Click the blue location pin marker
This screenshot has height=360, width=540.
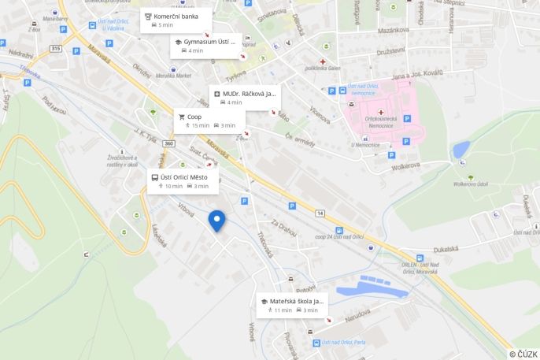216,221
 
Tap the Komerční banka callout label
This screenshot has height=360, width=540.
176,20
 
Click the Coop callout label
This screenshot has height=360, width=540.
209,121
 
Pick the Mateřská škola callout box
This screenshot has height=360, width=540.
292,305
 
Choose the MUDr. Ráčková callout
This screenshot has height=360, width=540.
243,98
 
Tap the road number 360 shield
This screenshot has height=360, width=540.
169,143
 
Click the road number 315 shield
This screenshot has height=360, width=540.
55,49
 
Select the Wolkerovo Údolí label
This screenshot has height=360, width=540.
471,184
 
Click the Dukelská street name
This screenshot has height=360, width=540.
446,249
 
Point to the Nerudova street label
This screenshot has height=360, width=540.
358,313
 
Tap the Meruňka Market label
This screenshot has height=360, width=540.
173,76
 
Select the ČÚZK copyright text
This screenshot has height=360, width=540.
523,354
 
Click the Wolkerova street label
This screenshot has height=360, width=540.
407,165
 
